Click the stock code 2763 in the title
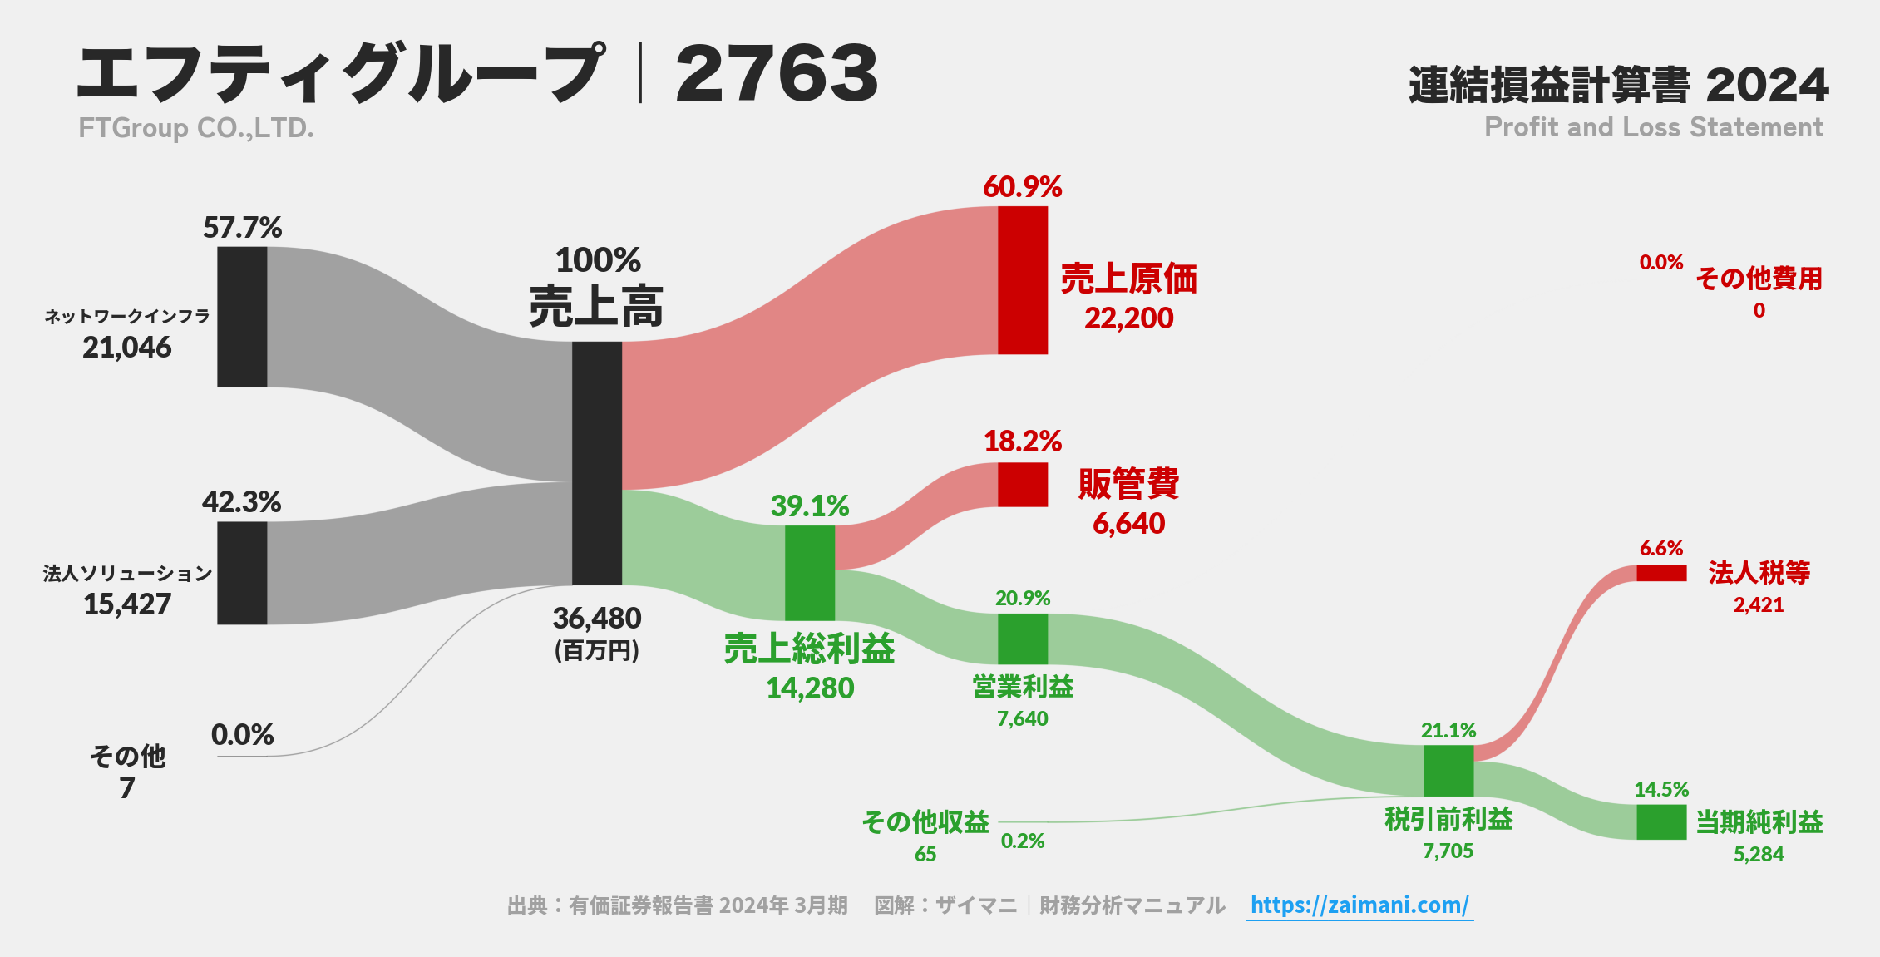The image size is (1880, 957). [777, 74]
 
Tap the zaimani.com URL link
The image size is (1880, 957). [1359, 905]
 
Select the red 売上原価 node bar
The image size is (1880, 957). [1023, 280]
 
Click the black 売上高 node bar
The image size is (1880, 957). [597, 463]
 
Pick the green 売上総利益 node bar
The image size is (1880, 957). [810, 573]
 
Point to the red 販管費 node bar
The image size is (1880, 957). [1023, 485]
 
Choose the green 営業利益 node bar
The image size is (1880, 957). [1023, 639]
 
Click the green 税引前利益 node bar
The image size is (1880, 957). [1448, 771]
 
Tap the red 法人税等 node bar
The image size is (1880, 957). [1661, 573]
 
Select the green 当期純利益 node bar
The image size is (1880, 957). [1661, 822]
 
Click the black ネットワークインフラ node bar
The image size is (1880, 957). [242, 317]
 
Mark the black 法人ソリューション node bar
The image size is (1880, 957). [242, 573]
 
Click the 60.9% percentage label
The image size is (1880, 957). [1023, 187]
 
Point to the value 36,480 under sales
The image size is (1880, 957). [597, 619]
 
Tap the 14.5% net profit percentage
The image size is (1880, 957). [1661, 789]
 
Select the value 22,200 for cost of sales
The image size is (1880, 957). [1128, 318]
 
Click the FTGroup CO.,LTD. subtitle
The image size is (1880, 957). [196, 128]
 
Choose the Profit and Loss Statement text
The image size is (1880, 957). [1654, 127]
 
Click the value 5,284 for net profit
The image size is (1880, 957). [1759, 854]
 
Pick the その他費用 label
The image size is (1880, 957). [1759, 279]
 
